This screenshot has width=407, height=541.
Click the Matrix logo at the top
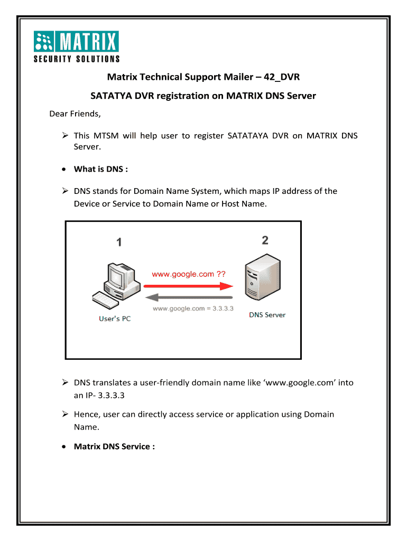tap(77, 45)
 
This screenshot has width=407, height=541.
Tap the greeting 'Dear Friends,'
tap(75, 114)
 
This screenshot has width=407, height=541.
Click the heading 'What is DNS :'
tap(101, 169)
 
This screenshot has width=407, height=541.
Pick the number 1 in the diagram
tap(119, 242)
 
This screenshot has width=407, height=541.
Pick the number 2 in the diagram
tap(265, 240)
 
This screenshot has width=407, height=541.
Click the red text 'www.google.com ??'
tap(189, 274)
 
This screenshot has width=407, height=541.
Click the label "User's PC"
tap(115, 319)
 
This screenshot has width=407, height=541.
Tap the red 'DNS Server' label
tap(267, 315)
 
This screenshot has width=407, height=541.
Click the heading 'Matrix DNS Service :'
tap(114, 446)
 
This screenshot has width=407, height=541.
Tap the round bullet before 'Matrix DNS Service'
tap(64, 447)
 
